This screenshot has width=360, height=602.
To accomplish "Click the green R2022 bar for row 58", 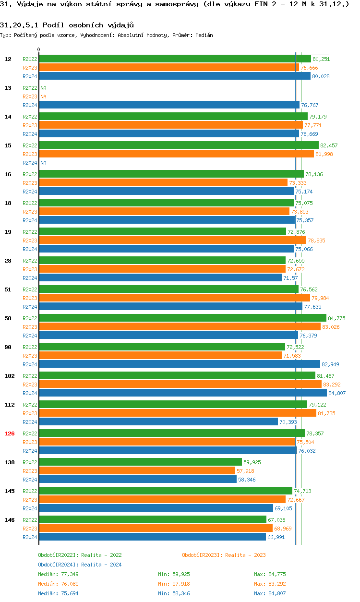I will pyautogui.click(x=182, y=318).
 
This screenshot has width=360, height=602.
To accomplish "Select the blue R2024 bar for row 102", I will pyautogui.click(x=182, y=393).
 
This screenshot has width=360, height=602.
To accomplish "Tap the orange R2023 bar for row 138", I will pyautogui.click(x=137, y=470).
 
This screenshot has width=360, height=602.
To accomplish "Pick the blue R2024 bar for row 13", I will pyautogui.click(x=169, y=105).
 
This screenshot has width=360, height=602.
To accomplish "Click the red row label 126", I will pyautogui.click(x=10, y=433).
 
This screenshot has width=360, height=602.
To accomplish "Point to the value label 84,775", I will pyautogui.click(x=336, y=318).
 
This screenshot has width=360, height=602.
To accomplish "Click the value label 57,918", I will pyautogui.click(x=245, y=471).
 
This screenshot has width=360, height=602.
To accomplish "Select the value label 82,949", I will pyautogui.click(x=330, y=364).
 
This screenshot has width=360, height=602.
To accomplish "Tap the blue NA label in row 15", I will pyautogui.click(x=43, y=163).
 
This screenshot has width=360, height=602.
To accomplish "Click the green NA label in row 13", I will pyautogui.click(x=43, y=88).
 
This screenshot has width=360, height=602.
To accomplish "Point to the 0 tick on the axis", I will pyautogui.click(x=39, y=49).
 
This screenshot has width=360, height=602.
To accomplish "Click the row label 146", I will pyautogui.click(x=10, y=520).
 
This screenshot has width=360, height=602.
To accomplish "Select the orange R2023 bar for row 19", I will pyautogui.click(x=172, y=240).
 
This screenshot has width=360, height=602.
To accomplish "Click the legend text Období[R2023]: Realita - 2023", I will pyautogui.click(x=224, y=555).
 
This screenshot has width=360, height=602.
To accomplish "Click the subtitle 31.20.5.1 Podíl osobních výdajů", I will pyautogui.click(x=67, y=24).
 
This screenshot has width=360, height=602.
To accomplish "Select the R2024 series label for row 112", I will pyautogui.click(x=30, y=422).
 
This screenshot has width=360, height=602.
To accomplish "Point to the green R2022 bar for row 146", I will pyautogui.click(x=153, y=519).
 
